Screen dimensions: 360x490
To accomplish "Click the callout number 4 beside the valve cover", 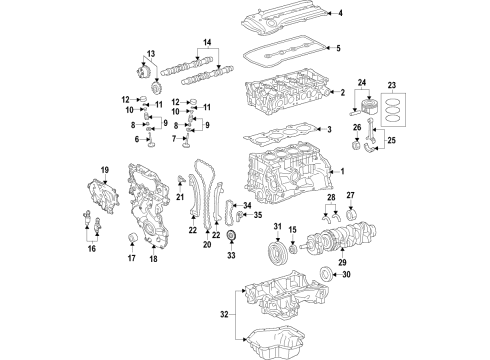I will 340,13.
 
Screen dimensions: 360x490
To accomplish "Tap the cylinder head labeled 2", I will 290,92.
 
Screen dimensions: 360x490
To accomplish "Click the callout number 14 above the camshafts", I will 207,43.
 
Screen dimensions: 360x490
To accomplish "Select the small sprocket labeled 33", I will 233,237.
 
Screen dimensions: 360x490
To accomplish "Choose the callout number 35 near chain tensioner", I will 256,215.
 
